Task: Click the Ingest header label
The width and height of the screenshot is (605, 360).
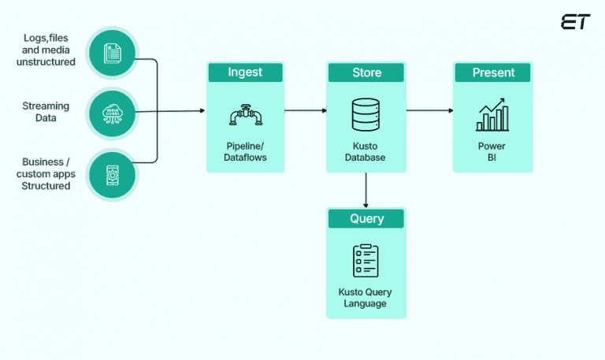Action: click(x=246, y=72)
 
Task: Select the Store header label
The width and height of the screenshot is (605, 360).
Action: click(x=366, y=72)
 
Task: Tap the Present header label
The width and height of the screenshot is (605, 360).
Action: click(x=493, y=72)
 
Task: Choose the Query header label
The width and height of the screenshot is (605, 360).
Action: click(x=366, y=219)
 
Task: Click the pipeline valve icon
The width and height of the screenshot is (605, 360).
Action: click(x=246, y=115)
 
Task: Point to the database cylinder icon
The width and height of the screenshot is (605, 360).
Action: click(x=366, y=116)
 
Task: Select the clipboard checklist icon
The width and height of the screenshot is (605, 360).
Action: click(x=366, y=261)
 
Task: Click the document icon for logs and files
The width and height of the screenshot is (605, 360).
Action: click(x=112, y=52)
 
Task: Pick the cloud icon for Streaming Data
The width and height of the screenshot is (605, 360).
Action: click(x=112, y=112)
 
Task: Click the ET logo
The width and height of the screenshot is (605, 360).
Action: click(x=575, y=22)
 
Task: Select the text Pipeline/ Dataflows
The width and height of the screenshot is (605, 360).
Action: click(x=246, y=151)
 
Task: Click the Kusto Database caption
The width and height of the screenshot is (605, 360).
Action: click(x=366, y=151)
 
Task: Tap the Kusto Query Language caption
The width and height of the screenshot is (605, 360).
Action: click(x=366, y=298)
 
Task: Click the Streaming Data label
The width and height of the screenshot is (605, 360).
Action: click(x=46, y=112)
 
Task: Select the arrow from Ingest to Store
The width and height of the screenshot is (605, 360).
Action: click(x=306, y=110)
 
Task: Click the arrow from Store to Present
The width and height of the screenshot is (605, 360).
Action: click(x=430, y=110)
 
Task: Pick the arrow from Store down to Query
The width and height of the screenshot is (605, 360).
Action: click(x=366, y=189)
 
